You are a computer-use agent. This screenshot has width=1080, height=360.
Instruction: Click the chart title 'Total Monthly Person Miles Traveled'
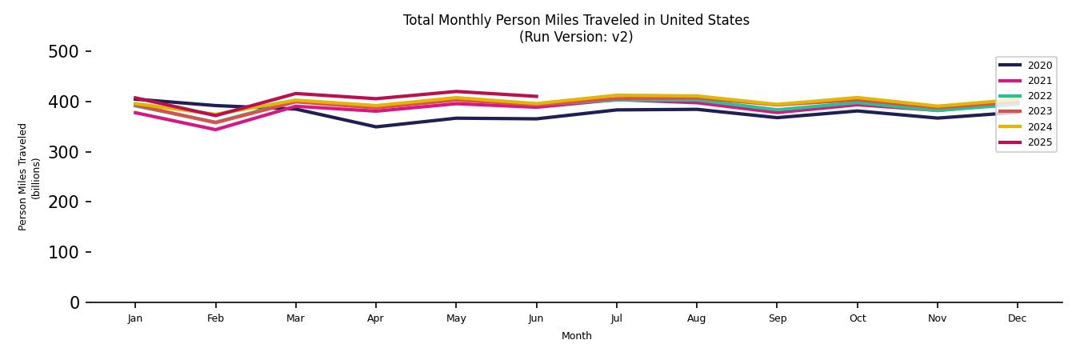576,20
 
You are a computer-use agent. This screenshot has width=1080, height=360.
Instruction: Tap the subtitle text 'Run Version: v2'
576,37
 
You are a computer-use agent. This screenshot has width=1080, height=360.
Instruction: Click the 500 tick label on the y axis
63,52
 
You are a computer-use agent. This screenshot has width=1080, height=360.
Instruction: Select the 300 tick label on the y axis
63,152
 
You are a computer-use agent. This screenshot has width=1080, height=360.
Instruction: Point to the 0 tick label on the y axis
74,302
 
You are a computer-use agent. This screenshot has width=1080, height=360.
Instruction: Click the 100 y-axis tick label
63,252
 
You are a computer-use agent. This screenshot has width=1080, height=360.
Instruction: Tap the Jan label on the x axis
135,318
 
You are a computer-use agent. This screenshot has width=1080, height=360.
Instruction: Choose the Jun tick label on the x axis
536,318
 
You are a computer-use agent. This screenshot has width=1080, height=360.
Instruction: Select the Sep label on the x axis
777,318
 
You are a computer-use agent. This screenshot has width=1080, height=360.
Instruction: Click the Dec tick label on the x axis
1017,318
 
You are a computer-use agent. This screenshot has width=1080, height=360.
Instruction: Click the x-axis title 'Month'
576,336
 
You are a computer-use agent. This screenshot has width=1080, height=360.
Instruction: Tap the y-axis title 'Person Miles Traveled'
23,177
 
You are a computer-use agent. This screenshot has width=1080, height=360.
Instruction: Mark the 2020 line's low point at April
376,126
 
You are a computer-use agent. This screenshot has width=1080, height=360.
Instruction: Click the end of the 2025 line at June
536,96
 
